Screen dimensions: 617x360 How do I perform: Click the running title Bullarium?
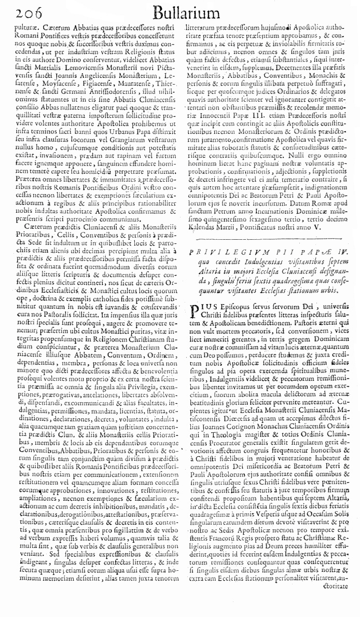pos(178,12)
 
